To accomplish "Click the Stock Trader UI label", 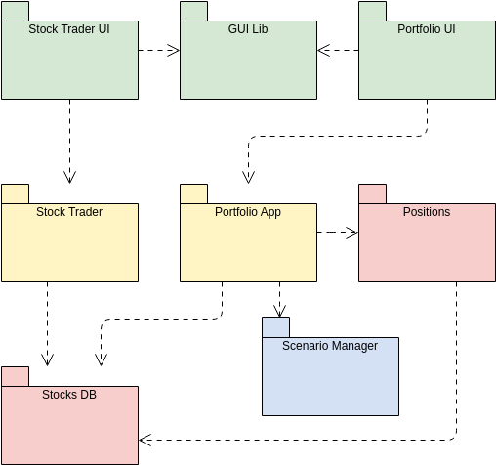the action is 69,29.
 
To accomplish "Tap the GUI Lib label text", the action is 248,29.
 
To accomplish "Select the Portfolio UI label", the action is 427,29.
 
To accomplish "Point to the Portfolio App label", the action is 248,212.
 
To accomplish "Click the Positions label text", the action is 427,212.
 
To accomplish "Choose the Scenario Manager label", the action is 330,346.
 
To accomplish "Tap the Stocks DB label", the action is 69,395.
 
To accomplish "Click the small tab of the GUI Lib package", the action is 194,11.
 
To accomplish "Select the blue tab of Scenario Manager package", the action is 275,327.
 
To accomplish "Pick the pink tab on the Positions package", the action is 373,193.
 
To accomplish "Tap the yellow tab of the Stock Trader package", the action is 16,193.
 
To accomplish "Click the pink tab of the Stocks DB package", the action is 16,376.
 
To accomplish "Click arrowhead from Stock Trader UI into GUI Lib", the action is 174,50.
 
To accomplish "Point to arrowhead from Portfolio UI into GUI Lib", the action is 323,50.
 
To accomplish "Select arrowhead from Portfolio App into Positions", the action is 352,232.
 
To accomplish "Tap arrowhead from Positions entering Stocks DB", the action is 145,440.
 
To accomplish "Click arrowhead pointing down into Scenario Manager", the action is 279,312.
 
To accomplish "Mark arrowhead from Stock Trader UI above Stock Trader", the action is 69,177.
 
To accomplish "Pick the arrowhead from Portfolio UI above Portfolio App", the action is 248,177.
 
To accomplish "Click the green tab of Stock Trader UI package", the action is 16,11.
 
